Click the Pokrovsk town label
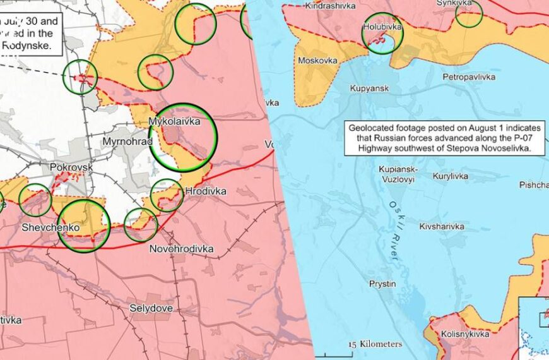71,167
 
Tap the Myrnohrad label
127,141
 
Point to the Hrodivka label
206,191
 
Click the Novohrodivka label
181,249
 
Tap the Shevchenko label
50,227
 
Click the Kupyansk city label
369,88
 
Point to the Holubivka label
382,28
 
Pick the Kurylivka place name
454,177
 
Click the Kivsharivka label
442,226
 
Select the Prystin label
382,284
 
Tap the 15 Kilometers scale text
375,344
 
